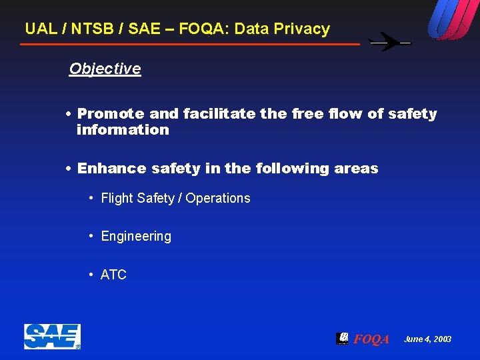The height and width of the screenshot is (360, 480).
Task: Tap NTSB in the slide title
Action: (90, 29)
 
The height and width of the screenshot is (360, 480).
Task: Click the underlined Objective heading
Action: (105, 69)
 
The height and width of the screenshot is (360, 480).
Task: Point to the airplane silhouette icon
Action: (391, 43)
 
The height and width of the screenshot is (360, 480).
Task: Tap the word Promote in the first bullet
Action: (111, 114)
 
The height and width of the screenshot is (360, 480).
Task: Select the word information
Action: (123, 130)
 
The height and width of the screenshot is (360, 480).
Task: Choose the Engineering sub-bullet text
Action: (136, 236)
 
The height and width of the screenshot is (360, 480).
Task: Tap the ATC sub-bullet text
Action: (113, 275)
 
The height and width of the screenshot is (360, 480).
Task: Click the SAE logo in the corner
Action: (52, 337)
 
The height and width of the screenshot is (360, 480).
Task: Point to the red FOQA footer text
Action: (371, 339)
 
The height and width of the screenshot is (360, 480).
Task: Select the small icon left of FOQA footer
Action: (342, 338)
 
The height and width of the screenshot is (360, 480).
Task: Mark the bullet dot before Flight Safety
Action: (91, 198)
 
